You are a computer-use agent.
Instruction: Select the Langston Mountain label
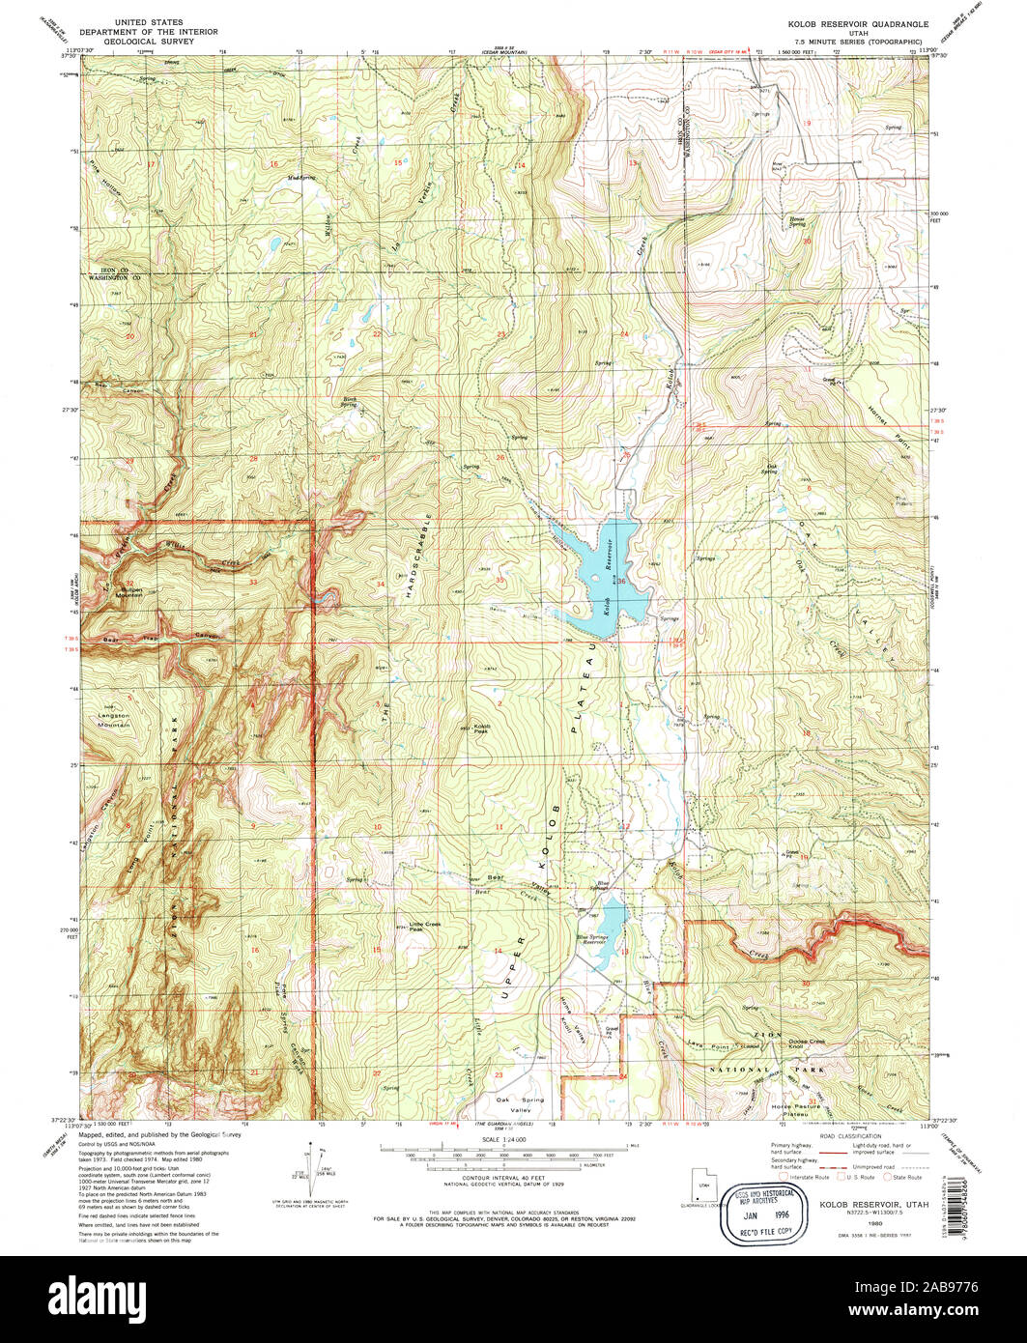(x=114, y=720)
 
